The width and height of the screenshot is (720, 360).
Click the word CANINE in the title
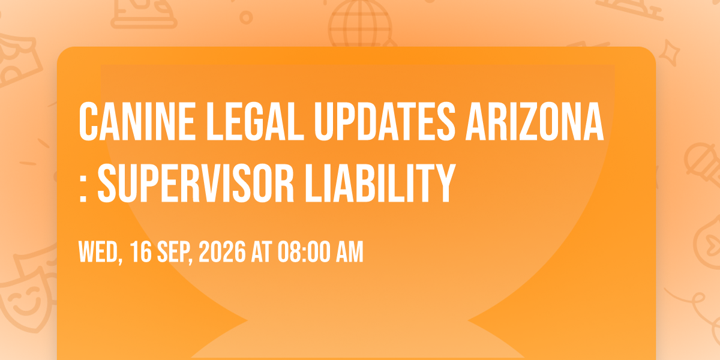137,121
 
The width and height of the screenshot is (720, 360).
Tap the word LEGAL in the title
255,121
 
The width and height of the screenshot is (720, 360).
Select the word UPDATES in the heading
385,121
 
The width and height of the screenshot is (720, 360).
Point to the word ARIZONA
535,121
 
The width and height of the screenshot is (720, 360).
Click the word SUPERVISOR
196,183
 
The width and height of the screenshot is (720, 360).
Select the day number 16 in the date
141,252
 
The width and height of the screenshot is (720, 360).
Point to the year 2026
222,252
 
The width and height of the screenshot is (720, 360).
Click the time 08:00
303,252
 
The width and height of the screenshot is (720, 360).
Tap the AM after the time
349,252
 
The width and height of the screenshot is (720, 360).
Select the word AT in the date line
262,252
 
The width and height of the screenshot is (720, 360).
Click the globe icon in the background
360,24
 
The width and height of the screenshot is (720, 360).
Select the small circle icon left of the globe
246,17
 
